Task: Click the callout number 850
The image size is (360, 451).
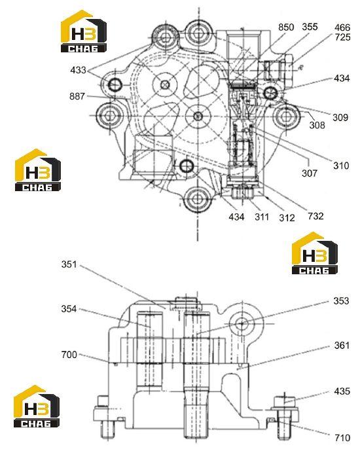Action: tap(286, 27)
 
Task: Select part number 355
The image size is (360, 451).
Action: tap(310, 27)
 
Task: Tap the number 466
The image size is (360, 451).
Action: tap(342, 27)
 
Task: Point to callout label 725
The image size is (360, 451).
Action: tap(342, 37)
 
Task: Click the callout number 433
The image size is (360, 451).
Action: tap(78, 70)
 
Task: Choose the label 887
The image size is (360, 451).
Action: tap(77, 96)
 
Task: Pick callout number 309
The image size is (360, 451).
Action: tap(340, 117)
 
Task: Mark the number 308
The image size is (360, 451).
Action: tap(317, 125)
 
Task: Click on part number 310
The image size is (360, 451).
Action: tap(341, 166)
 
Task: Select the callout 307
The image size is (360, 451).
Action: tap(310, 173)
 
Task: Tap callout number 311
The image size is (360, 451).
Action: tap(262, 217)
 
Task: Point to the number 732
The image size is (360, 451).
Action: tap(315, 216)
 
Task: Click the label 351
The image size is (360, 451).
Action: tap(69, 264)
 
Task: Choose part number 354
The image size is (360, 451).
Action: tap(69, 309)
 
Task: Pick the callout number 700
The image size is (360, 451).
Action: tap(69, 355)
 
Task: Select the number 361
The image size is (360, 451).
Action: tap(342, 345)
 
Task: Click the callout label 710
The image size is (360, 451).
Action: tap(342, 438)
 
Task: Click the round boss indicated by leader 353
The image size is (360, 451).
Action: tap(242, 324)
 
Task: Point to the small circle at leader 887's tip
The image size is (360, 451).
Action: tap(133, 98)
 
